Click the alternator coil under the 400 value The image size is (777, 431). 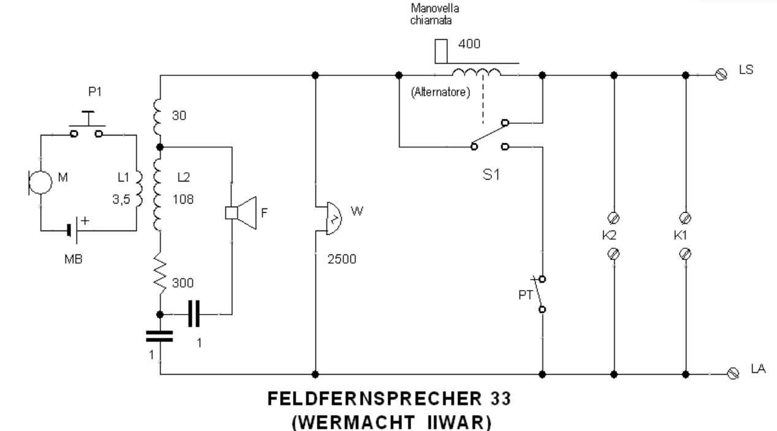click(x=476, y=72)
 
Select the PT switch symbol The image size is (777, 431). click(x=539, y=294)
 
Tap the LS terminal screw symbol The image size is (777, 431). click(x=722, y=74)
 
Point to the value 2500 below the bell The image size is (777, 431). click(x=342, y=258)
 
